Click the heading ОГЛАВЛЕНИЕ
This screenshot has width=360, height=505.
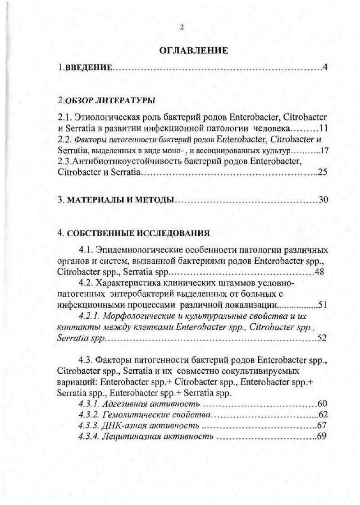[x=193, y=50]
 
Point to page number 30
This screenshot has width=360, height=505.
[x=323, y=200]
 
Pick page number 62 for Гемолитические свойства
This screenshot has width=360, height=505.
[x=322, y=414]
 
